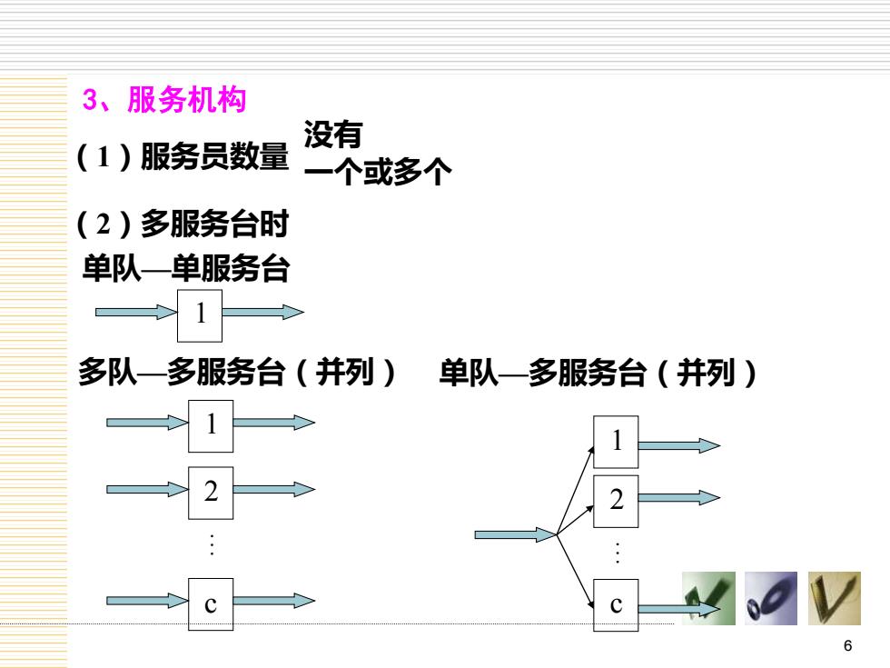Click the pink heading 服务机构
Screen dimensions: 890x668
(187, 100)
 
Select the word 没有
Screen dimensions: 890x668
(333, 135)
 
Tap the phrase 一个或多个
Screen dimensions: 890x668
(378, 172)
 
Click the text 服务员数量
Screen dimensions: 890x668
(214, 156)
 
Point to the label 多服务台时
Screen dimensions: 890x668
(214, 224)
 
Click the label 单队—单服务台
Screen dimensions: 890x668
(186, 268)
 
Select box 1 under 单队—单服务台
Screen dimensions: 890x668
(200, 316)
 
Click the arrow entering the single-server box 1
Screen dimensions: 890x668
(136, 312)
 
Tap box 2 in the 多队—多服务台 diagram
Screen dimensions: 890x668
(211, 493)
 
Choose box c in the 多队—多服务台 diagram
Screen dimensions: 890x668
(211, 604)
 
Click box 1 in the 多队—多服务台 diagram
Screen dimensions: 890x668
(211, 426)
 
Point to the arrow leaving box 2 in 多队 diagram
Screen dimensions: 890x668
(274, 489)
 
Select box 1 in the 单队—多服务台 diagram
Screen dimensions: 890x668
(616, 442)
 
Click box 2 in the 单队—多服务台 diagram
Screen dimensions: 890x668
(616, 502)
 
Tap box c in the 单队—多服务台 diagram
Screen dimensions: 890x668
(616, 605)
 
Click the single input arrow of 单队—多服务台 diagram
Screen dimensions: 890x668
(516, 534)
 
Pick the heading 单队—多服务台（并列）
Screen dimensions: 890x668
(598, 374)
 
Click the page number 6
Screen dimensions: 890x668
(848, 645)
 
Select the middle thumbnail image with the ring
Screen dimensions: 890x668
(771, 599)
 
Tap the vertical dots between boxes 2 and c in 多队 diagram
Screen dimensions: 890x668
(212, 544)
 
